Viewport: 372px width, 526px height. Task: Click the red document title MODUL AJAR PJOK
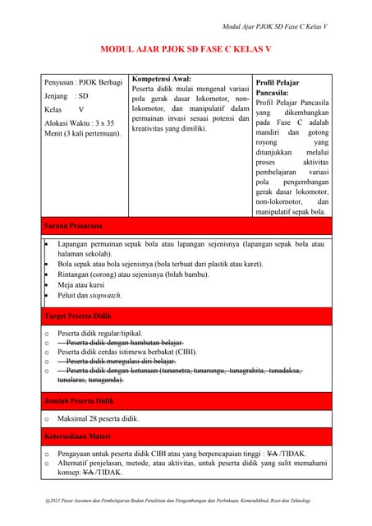pyautogui.click(x=186, y=49)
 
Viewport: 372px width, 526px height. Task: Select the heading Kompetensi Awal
pyautogui.click(x=162, y=79)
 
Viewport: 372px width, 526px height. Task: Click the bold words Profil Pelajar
pyautogui.click(x=278, y=83)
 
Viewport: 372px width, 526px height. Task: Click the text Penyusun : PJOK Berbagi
pyautogui.click(x=82, y=83)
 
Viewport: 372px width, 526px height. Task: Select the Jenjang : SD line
pyautogui.click(x=66, y=96)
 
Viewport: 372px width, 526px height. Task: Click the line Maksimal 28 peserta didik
pyautogui.click(x=98, y=418)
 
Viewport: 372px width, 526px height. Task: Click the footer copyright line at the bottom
pyautogui.click(x=186, y=500)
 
